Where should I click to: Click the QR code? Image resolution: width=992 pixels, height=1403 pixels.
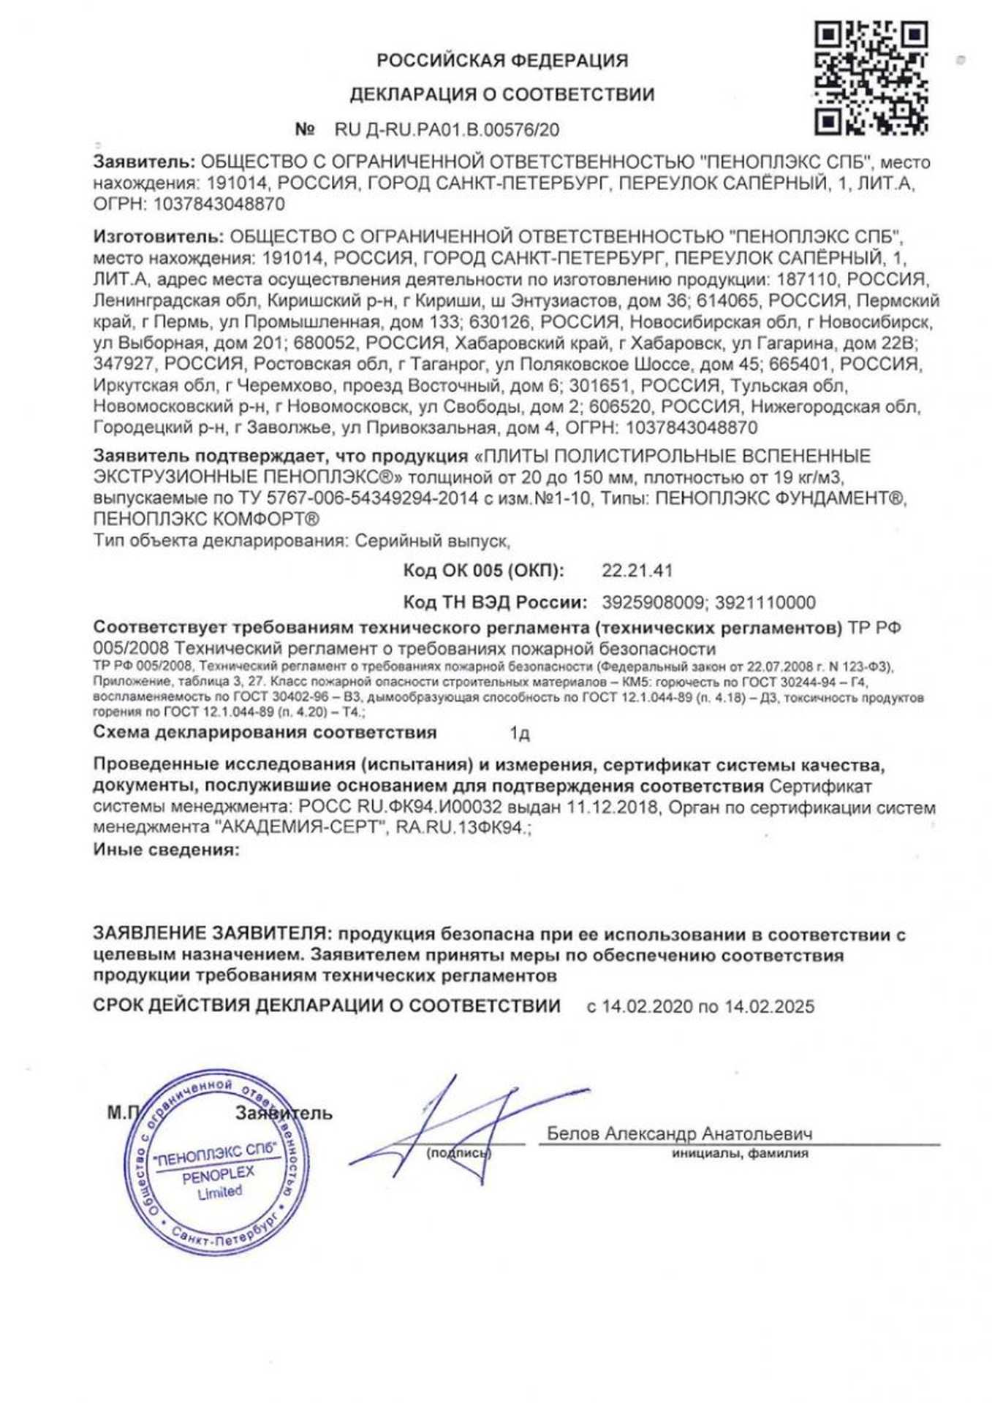[871, 78]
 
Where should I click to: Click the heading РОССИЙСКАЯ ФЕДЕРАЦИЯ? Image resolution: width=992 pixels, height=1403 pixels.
[502, 61]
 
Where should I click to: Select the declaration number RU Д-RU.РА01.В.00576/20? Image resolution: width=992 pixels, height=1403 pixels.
[447, 130]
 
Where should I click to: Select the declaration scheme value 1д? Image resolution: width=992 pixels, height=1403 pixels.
[519, 733]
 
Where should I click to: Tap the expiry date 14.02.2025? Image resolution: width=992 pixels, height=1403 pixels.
[769, 1006]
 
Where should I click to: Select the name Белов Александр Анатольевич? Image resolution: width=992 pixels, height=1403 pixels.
[679, 1133]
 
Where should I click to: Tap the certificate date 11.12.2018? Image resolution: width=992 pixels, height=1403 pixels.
[621, 807]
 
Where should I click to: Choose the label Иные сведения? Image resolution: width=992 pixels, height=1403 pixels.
[166, 850]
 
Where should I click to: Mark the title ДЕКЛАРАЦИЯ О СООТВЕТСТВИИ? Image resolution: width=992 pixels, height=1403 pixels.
[502, 95]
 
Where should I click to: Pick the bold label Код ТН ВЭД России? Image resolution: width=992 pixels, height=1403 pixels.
[495, 603]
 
